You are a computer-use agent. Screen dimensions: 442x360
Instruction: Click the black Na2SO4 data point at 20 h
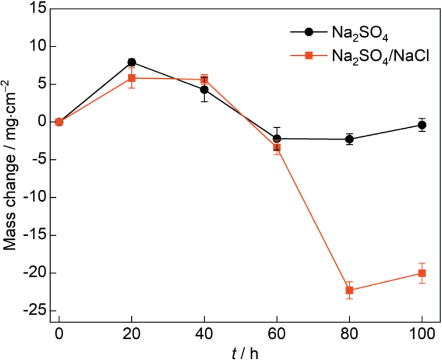click(x=132, y=62)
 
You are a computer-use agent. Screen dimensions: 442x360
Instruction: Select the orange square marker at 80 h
click(x=349, y=290)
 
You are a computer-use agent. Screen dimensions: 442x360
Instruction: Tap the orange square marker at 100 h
click(x=422, y=273)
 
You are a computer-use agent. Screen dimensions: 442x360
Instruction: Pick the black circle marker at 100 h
click(x=422, y=125)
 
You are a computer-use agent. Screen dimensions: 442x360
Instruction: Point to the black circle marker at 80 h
click(x=349, y=139)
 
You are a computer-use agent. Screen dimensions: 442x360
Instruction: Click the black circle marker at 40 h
click(x=204, y=90)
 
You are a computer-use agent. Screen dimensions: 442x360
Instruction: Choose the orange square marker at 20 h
click(x=132, y=78)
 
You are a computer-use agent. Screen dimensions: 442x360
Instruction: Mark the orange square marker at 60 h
click(x=277, y=147)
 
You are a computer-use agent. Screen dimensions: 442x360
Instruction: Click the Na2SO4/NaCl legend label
click(x=380, y=56)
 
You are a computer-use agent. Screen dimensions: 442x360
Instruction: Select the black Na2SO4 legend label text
click(x=360, y=33)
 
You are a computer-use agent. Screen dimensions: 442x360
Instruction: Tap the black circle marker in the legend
click(x=308, y=32)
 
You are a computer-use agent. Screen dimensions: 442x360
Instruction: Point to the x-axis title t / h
click(x=245, y=353)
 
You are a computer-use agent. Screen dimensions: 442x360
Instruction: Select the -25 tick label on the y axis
click(x=35, y=311)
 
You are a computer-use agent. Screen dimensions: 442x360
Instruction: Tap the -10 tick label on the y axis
click(x=35, y=197)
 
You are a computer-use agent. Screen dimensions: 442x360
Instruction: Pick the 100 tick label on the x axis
click(x=422, y=334)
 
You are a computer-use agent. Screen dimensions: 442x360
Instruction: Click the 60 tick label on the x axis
click(x=277, y=334)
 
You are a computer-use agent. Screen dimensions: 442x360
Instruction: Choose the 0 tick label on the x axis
click(x=59, y=334)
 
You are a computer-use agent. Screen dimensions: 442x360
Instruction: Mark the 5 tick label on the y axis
click(x=41, y=84)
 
